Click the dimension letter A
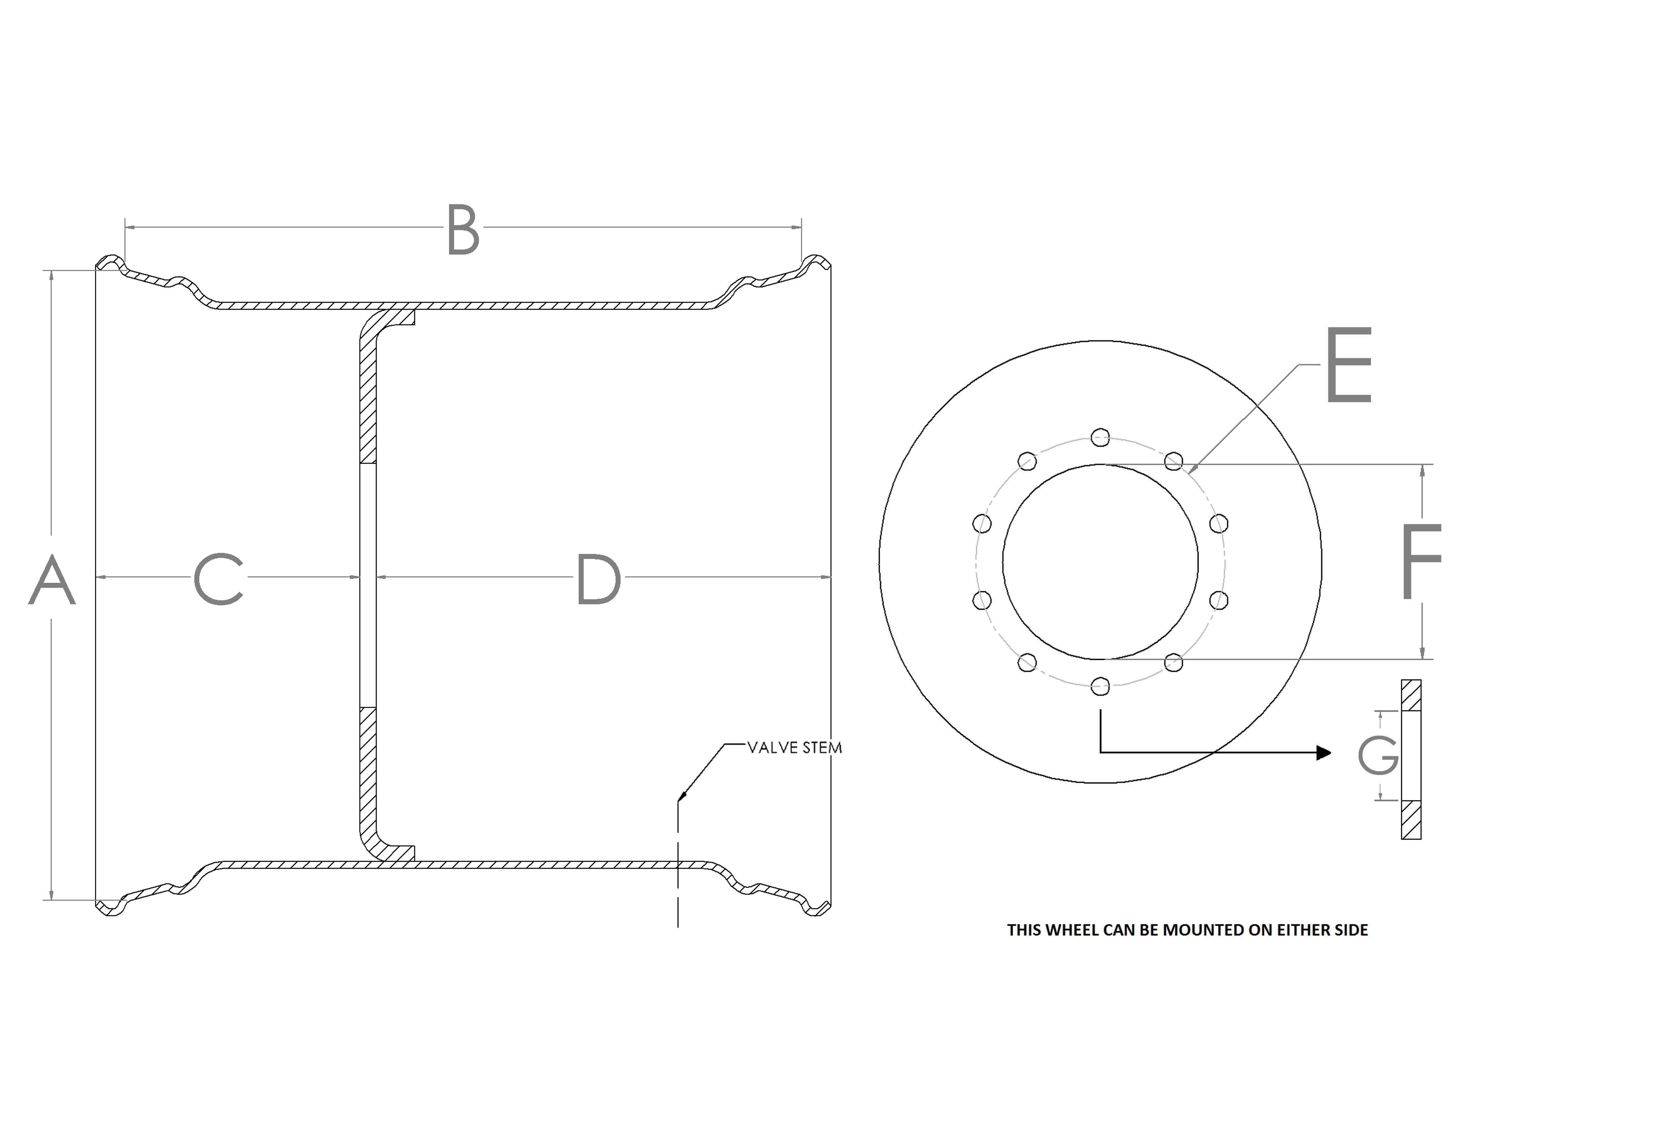coord(52,580)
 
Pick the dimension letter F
coord(1421,561)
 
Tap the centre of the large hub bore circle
coord(1100,562)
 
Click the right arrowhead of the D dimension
coord(826,577)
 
